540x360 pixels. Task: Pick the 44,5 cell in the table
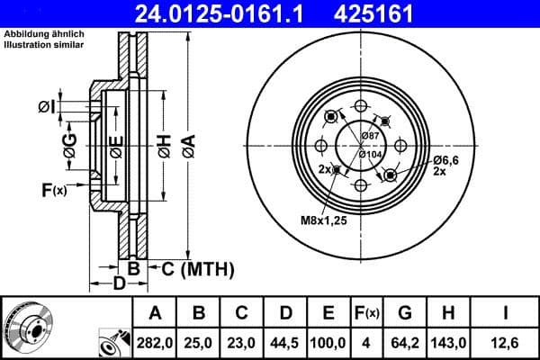[285, 342]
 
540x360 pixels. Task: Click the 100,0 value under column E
[328, 342]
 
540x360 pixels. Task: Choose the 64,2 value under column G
[405, 342]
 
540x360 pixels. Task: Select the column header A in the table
[155, 313]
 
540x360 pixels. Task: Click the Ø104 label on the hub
[370, 154]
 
